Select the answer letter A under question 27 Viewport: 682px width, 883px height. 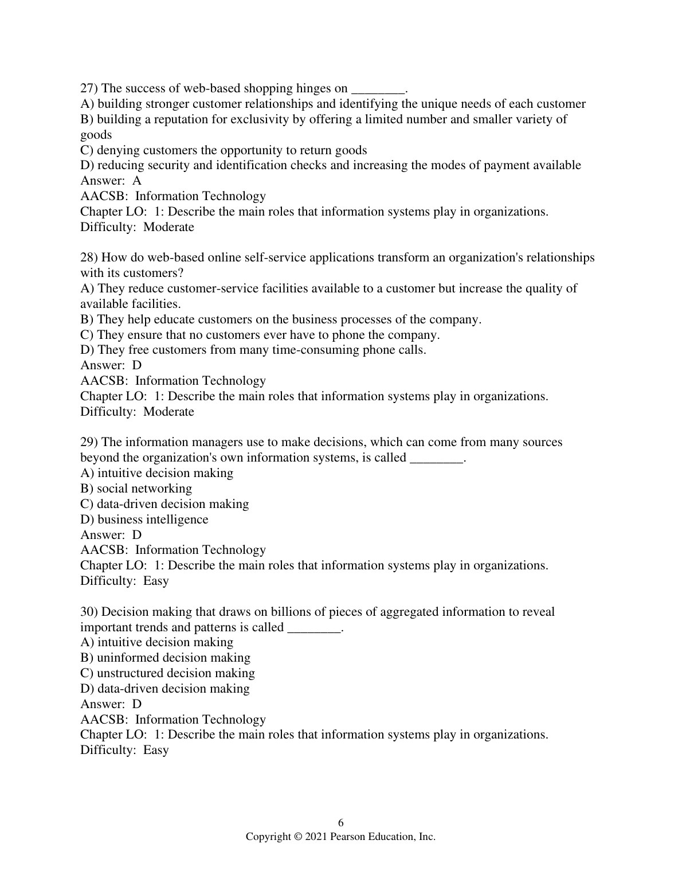tap(137, 181)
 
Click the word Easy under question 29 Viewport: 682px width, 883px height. tap(156, 581)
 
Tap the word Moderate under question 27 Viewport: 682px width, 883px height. tap(168, 227)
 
